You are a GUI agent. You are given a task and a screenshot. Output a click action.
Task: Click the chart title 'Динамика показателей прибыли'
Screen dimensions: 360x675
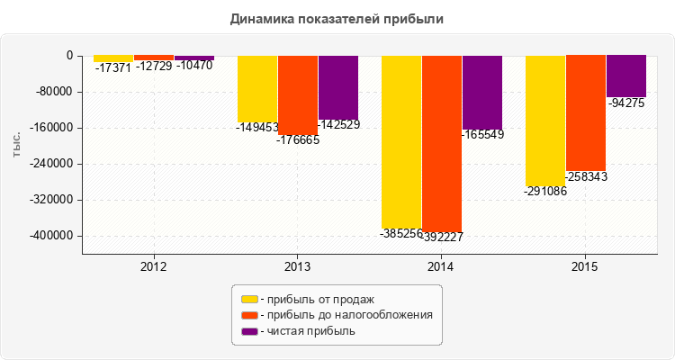[337, 18]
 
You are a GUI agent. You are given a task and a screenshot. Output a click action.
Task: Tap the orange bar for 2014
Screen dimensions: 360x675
[442, 143]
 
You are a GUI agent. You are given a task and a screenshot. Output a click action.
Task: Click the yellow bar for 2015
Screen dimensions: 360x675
[545, 121]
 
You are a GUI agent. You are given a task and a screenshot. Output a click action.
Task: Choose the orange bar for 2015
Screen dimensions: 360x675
[586, 113]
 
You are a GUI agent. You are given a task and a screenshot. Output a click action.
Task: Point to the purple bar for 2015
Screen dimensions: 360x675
[626, 76]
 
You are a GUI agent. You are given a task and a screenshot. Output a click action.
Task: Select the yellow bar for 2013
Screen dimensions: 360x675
[257, 89]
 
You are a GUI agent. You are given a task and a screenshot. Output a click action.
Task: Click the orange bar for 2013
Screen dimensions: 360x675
[298, 95]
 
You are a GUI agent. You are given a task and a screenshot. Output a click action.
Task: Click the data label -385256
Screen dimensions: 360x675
[401, 234]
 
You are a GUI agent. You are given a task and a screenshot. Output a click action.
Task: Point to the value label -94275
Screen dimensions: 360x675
[626, 103]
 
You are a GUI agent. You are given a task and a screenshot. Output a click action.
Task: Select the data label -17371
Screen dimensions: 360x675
[113, 68]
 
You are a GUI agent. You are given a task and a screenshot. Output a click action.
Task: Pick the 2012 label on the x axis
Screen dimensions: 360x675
[154, 266]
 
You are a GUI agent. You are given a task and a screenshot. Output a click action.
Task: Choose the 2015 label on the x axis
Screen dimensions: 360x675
[586, 266]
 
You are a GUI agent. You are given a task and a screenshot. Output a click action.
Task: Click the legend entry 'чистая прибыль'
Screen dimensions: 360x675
[307, 331]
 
